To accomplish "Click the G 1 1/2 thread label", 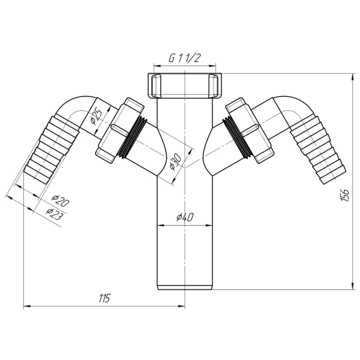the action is [x=184, y=58].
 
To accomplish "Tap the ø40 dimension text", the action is [x=185, y=217].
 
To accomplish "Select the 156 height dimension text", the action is [x=345, y=195].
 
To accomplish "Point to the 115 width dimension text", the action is [x=104, y=298].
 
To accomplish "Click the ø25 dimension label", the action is [x=96, y=118].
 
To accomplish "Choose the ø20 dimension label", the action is [x=61, y=200].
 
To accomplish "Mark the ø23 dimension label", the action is [x=55, y=214].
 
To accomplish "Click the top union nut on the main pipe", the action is [x=185, y=85].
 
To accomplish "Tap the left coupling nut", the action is [x=119, y=131].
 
